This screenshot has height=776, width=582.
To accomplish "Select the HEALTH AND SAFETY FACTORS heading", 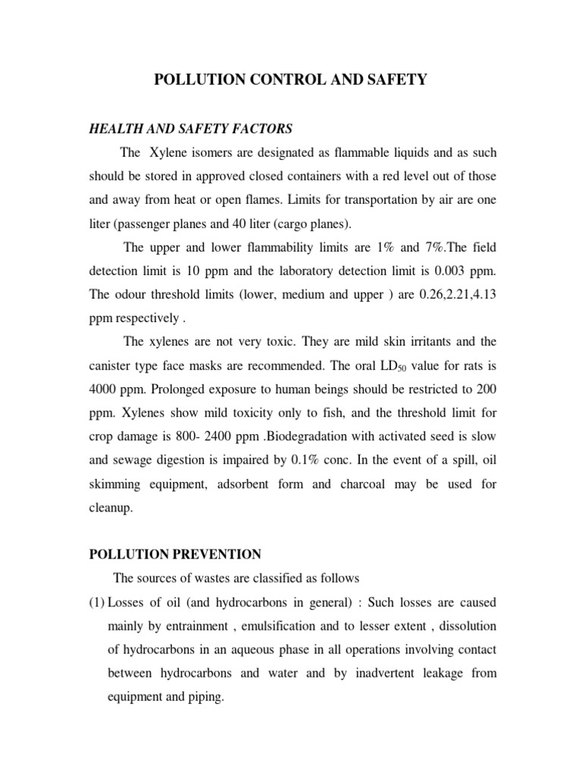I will coord(191,128).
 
